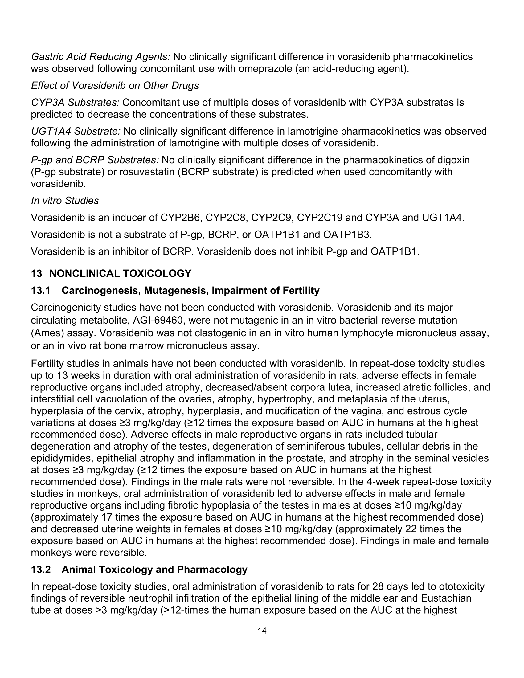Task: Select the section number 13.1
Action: pos(40,291)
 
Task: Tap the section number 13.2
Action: pos(40,570)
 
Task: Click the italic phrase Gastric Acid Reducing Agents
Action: pos(100,57)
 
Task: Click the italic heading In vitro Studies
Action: pos(65,201)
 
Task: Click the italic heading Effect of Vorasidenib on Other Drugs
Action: pos(115,85)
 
